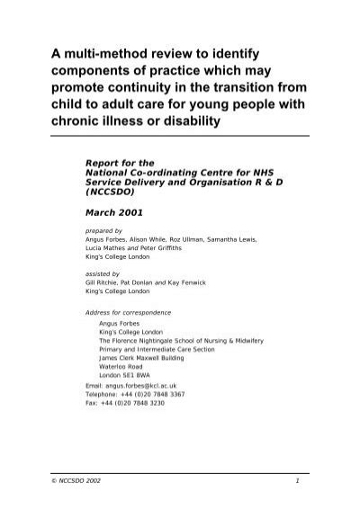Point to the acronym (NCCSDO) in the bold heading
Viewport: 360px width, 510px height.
[113, 191]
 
